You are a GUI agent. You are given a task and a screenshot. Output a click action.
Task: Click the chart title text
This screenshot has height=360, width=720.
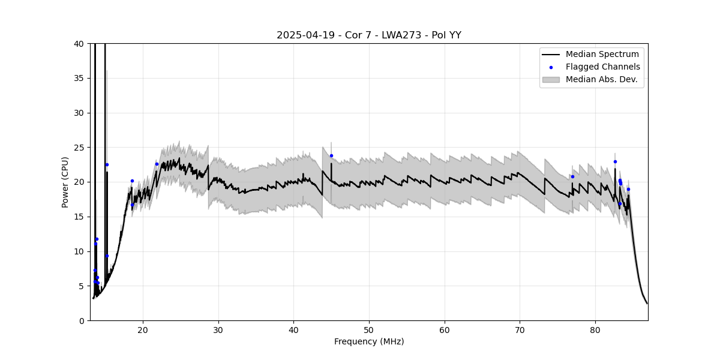(368, 35)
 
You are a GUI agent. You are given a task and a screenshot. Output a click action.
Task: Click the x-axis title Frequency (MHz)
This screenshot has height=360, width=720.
(368, 342)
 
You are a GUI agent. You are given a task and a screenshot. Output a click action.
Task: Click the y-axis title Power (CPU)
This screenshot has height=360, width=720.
(65, 182)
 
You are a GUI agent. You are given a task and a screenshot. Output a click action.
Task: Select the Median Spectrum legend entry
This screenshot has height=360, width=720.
(602, 55)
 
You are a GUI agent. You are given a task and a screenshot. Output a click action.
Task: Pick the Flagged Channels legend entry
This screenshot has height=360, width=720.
(602, 67)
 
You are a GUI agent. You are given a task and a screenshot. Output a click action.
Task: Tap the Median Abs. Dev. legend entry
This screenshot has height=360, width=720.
(602, 79)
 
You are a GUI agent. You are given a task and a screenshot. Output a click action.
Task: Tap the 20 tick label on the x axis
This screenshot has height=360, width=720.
(143, 329)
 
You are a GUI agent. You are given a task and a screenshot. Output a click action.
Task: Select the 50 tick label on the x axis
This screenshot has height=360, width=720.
(369, 329)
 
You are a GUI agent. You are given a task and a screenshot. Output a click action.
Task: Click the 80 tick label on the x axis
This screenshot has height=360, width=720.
(595, 329)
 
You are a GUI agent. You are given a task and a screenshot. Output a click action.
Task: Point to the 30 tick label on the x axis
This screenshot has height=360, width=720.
(218, 329)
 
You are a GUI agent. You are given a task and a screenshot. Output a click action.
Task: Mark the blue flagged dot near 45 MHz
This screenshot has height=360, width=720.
(331, 155)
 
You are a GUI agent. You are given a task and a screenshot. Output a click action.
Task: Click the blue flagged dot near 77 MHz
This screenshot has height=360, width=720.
(572, 176)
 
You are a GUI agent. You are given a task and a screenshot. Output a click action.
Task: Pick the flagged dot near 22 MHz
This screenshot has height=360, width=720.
(157, 164)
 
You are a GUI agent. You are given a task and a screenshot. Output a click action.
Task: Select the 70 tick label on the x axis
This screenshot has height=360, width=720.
(520, 329)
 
